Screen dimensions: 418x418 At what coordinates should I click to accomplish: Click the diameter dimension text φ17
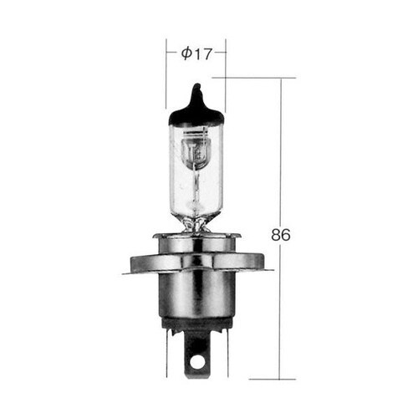[196, 54]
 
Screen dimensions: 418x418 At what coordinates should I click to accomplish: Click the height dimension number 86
[281, 235]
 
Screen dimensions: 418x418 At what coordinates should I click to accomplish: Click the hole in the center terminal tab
[197, 361]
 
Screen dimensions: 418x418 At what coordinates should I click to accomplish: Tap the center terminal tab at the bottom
[197, 355]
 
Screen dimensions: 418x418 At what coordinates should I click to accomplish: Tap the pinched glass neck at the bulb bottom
[196, 222]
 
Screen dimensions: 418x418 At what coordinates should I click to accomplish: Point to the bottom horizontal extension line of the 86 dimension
[259, 379]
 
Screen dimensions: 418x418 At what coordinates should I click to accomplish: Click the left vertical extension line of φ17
[166, 75]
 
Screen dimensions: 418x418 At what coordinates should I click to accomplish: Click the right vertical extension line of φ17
[226, 75]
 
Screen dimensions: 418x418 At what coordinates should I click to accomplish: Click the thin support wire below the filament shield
[196, 188]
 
